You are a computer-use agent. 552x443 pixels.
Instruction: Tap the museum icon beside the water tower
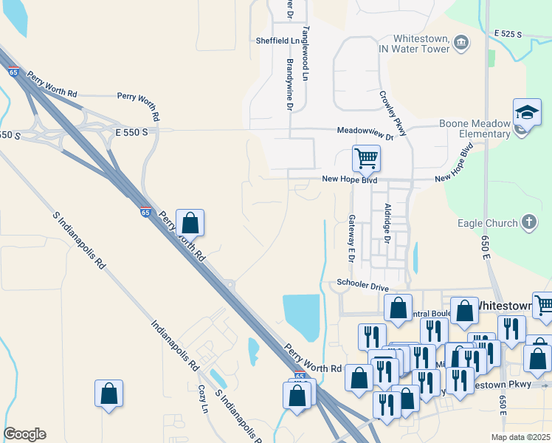[x=461, y=42]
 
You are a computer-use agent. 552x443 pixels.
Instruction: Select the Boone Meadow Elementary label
[x=475, y=128]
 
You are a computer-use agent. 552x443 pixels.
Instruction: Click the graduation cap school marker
[x=526, y=113]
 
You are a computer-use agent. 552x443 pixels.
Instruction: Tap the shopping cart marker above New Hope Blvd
[x=366, y=159]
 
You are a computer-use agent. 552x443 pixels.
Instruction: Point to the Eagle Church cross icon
[x=528, y=222]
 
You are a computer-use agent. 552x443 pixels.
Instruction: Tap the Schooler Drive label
[x=362, y=284]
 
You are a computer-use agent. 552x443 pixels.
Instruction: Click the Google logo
[x=25, y=434]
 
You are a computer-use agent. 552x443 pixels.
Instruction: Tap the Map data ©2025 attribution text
[x=520, y=437]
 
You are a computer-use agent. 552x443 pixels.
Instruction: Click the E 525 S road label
[x=508, y=35]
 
